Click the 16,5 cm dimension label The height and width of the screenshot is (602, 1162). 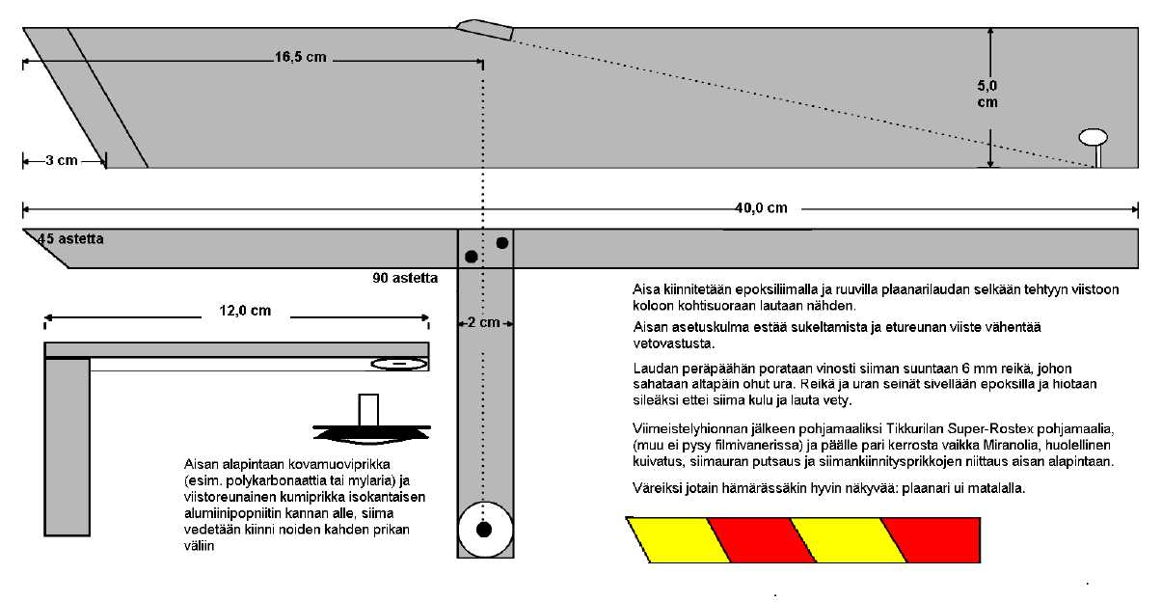tap(300, 58)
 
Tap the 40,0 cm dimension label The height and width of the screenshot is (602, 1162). tap(767, 208)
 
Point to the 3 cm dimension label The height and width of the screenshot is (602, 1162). tap(61, 160)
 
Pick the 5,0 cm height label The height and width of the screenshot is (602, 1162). tap(986, 94)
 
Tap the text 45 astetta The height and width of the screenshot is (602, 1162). tap(70, 238)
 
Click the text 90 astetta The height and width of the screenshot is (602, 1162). tap(406, 278)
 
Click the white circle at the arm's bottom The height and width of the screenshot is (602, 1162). tap(484, 529)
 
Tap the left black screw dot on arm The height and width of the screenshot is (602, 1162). tap(471, 257)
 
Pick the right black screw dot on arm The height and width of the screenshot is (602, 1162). tap(501, 242)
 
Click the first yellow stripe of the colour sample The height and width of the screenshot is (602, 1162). tap(669, 539)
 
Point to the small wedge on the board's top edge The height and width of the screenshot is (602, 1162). tap(485, 28)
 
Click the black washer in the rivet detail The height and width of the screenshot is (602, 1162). tap(372, 430)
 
